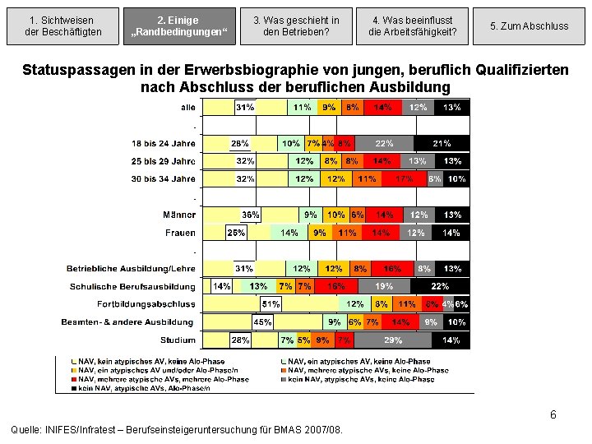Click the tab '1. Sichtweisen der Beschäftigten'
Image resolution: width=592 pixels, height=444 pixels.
[x=61, y=25]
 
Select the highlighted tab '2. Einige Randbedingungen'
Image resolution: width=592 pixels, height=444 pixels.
[x=178, y=25]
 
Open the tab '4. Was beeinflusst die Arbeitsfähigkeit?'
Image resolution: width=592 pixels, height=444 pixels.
[x=411, y=25]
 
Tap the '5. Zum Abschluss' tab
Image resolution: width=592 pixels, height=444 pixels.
[x=529, y=25]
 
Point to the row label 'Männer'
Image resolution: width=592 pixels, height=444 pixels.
[x=179, y=215]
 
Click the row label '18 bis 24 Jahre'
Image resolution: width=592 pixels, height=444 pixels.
[x=164, y=142]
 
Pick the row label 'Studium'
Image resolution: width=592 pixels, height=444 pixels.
[x=178, y=340]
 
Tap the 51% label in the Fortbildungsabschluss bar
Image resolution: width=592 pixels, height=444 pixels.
[x=271, y=304]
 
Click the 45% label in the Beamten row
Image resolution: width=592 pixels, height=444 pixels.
[x=263, y=322]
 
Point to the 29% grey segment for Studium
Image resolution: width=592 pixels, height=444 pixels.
[x=393, y=340]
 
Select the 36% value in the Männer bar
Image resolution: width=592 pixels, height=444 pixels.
[x=250, y=215]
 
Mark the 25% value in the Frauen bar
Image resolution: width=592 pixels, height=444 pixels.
[x=236, y=233]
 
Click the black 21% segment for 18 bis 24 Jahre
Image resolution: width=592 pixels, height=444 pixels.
[x=442, y=143]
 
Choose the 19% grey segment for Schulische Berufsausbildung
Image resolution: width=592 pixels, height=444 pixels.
[x=383, y=287]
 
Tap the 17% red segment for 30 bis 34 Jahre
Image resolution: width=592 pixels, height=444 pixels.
[x=405, y=178]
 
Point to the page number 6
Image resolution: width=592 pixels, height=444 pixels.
[x=553, y=415]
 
